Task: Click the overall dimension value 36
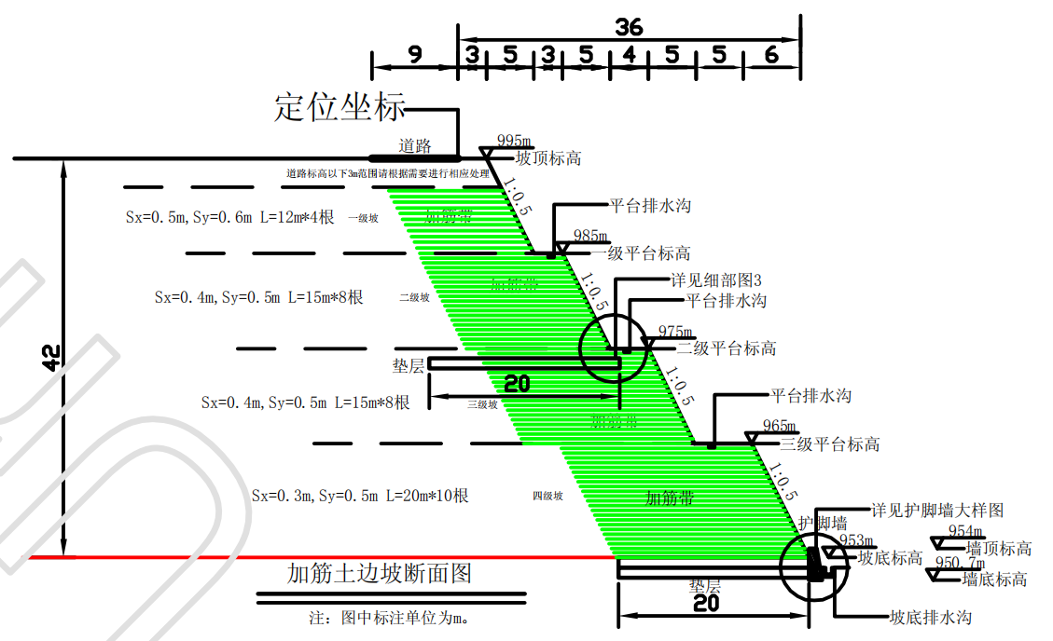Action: click(629, 27)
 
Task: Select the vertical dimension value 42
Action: click(50, 358)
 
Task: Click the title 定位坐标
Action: click(339, 107)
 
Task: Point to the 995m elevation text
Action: click(515, 141)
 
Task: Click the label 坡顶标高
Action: click(548, 158)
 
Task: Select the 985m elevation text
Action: click(590, 236)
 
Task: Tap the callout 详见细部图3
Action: click(717, 280)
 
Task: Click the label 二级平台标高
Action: click(727, 348)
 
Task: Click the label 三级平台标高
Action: click(830, 444)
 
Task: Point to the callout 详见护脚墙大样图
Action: click(937, 511)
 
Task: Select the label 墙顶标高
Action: click(999, 549)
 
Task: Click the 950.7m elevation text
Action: click(959, 564)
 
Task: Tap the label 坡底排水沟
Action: click(930, 618)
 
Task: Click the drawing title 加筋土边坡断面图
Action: click(380, 573)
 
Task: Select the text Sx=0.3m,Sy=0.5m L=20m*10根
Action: click(360, 496)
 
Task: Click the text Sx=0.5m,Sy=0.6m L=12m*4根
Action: click(229, 217)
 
